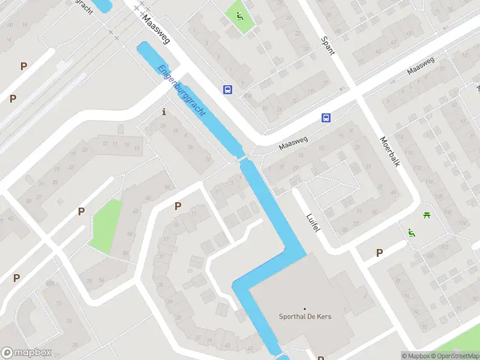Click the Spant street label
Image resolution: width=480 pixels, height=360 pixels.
tap(328, 45)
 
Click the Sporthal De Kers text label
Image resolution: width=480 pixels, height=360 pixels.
tap(305, 317)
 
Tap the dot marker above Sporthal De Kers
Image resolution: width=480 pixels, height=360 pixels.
tap(305, 308)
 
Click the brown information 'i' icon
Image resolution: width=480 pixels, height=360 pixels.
tap(164, 112)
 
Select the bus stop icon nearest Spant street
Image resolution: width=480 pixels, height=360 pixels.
tap(326, 118)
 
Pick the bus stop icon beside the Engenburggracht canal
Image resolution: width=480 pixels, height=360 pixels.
tap(228, 89)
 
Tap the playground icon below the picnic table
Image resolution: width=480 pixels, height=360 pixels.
tap(411, 233)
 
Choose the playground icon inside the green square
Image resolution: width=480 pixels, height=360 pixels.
tap(240, 16)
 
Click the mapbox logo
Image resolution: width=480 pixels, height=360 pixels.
tap(26, 353)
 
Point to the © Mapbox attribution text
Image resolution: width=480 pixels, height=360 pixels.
tap(416, 356)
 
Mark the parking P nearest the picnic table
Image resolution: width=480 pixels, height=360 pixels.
tap(379, 253)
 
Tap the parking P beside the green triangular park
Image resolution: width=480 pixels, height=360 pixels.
tap(81, 211)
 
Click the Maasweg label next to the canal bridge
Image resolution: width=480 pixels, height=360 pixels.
tap(293, 143)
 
